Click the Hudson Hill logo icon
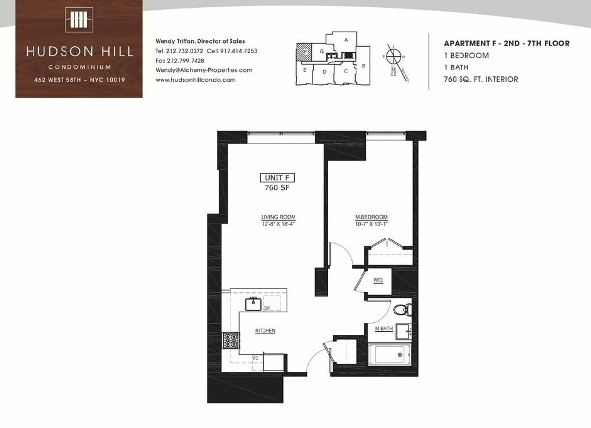pyautogui.click(x=79, y=20)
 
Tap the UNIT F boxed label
pyautogui.click(x=277, y=178)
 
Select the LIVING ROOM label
pyautogui.click(x=278, y=217)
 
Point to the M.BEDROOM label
pyautogui.click(x=371, y=217)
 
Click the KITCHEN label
pyautogui.click(x=265, y=331)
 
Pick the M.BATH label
pyautogui.click(x=383, y=329)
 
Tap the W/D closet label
pyautogui.click(x=378, y=280)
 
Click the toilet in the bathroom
pyautogui.click(x=403, y=310)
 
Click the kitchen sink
pyautogui.click(x=254, y=304)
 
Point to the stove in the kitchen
pyautogui.click(x=230, y=341)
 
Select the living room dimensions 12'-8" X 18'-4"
pyautogui.click(x=278, y=224)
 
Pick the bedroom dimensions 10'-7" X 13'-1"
pyautogui.click(x=371, y=224)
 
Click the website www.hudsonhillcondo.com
pyautogui.click(x=195, y=80)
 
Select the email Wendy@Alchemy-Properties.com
pyautogui.click(x=203, y=70)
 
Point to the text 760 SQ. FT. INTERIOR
pyautogui.click(x=481, y=79)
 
